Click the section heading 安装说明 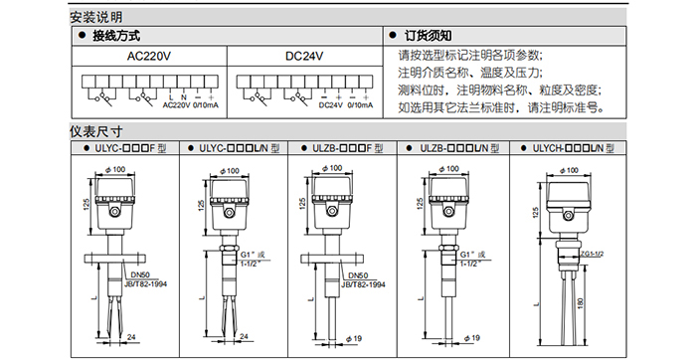point(95,17)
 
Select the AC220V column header point(149,57)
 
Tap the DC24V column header point(304,57)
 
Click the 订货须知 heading point(428,36)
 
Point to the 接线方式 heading point(116,36)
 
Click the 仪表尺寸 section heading point(95,131)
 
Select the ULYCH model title point(573,148)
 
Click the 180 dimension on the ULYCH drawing point(581,303)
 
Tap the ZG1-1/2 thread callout point(592,254)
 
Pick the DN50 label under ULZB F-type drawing point(358,275)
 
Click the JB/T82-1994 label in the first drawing point(146,283)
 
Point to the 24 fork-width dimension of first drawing point(131,337)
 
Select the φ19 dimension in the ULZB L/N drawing point(472,338)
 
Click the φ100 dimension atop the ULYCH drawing point(569,170)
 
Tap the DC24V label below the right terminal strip point(331,105)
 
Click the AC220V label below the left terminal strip point(176,105)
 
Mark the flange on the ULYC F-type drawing point(111,258)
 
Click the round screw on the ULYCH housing point(568,216)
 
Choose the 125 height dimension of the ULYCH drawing point(536,212)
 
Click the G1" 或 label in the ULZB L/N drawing point(472,255)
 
